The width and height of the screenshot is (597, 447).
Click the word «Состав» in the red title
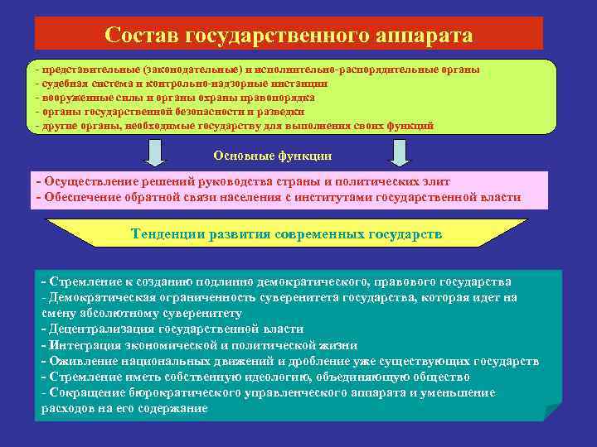coord(141,36)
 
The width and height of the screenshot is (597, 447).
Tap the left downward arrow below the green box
coord(155,151)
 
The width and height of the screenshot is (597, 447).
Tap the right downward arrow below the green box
coord(400,151)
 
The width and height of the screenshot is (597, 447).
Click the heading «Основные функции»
coord(273,155)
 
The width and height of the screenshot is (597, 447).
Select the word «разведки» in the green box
coord(279,111)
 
